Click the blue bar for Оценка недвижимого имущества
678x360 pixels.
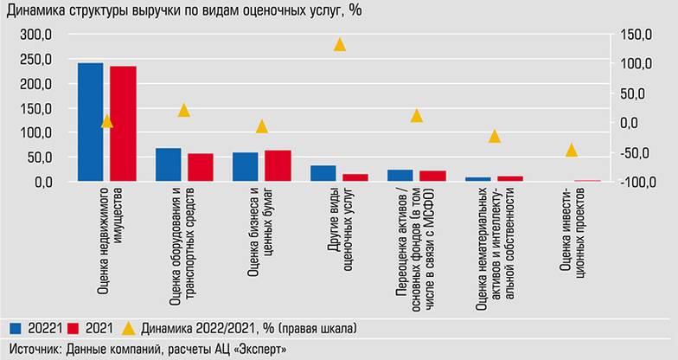90,122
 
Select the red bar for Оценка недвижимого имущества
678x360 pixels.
123,124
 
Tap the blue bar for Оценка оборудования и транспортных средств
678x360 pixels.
168,164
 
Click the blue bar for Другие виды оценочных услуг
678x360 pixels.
323,173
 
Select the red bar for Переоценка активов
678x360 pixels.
432,176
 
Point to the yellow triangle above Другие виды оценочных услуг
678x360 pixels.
340,44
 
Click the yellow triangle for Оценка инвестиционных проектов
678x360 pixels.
572,151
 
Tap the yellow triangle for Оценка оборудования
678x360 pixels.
184,110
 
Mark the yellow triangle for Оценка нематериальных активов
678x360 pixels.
495,136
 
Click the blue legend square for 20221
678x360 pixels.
16,329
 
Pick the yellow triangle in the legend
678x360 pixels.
128,329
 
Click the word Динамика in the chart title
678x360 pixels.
37,10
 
